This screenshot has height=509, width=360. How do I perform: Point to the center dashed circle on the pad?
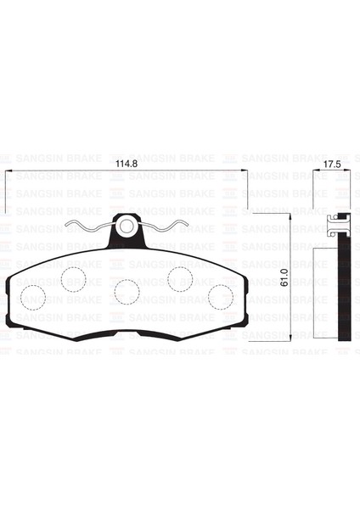pos(127,290)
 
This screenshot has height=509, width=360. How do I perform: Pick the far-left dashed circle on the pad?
pos(33,296)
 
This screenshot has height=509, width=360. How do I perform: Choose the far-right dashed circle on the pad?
pos(221,296)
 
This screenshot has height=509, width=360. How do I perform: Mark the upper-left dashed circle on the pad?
pos(74,277)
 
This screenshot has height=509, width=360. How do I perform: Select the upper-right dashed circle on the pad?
pos(180,277)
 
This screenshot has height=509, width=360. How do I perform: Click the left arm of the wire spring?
pos(87,227)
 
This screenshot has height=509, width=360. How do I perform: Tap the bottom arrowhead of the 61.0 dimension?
pos(290,338)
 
